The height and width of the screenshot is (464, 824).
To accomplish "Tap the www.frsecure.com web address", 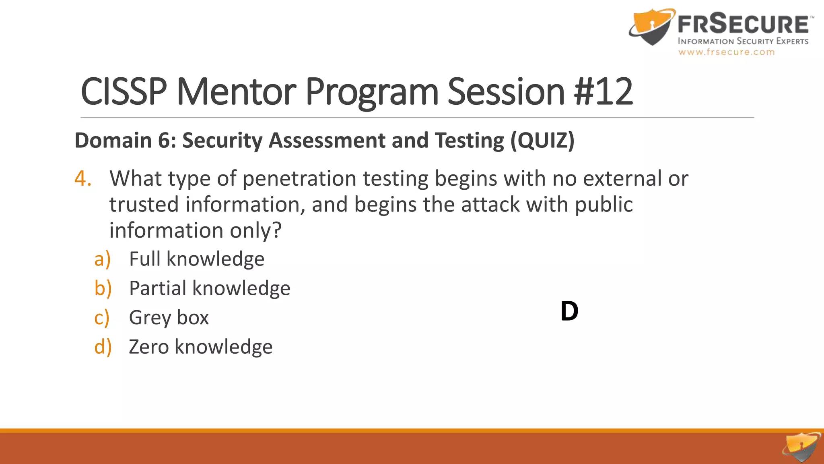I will [726, 52].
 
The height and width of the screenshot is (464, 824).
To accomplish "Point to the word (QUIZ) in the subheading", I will [542, 141].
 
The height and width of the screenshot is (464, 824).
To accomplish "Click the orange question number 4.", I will [83, 178].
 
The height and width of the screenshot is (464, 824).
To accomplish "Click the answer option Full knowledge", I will [197, 259].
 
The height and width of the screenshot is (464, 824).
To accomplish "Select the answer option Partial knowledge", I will [210, 288].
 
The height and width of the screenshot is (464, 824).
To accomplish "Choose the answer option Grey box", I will [169, 317].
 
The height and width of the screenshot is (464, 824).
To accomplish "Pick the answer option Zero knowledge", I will [201, 347].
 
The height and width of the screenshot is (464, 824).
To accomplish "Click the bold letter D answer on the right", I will [569, 311].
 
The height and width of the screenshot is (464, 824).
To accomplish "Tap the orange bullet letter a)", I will [102, 259].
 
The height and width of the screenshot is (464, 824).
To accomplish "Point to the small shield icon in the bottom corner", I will [801, 447].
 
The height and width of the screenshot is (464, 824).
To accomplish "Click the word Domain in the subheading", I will [113, 141].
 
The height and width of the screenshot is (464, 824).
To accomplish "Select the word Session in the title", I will [506, 92].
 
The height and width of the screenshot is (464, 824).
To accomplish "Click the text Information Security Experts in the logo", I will [743, 41].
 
